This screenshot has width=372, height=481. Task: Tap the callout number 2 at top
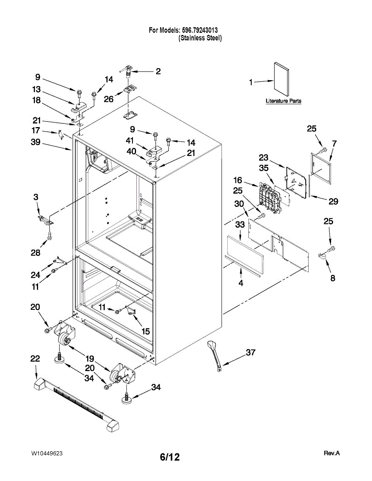click(x=158, y=71)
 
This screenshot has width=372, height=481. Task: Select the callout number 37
click(x=250, y=352)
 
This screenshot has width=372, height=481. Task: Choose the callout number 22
click(x=35, y=359)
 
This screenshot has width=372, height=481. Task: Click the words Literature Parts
click(x=283, y=101)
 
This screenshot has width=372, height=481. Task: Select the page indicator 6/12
click(x=170, y=457)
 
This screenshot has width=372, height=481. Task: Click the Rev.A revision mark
click(x=331, y=453)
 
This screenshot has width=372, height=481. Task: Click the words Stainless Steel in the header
click(x=200, y=38)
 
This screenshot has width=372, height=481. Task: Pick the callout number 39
click(x=36, y=142)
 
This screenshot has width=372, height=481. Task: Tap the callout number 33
click(x=240, y=225)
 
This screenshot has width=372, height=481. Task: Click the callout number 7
click(x=334, y=143)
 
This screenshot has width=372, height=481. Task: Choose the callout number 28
click(x=35, y=253)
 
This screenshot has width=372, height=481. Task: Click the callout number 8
click(x=333, y=278)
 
